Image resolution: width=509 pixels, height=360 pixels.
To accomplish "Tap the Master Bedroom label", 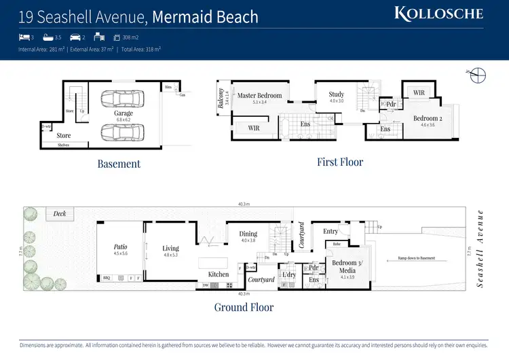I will tap(259, 96).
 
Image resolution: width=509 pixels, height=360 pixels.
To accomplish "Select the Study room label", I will tap(336, 94).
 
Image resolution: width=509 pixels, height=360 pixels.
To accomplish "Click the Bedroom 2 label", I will tap(428, 118).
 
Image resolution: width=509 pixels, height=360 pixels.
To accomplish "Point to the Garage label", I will tap(124, 113).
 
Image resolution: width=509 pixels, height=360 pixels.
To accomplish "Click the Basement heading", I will tap(119, 164).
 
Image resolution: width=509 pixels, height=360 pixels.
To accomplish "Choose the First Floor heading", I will tap(340, 162).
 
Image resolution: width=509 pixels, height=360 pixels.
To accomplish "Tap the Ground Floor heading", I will tap(244, 307).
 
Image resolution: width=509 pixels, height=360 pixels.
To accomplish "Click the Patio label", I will tap(120, 247).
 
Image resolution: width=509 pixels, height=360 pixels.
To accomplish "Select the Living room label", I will tap(170, 248).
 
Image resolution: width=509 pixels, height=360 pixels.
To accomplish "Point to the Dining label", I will tap(248, 234).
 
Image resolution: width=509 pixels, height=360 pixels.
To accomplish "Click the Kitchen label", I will tap(219, 274).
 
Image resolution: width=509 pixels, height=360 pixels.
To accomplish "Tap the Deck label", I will tap(60, 214).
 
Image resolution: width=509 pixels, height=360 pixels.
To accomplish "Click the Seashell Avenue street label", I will tap(480, 248).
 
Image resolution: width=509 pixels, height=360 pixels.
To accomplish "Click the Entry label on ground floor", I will tap(331, 232).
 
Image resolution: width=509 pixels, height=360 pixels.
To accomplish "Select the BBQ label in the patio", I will tap(107, 278).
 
